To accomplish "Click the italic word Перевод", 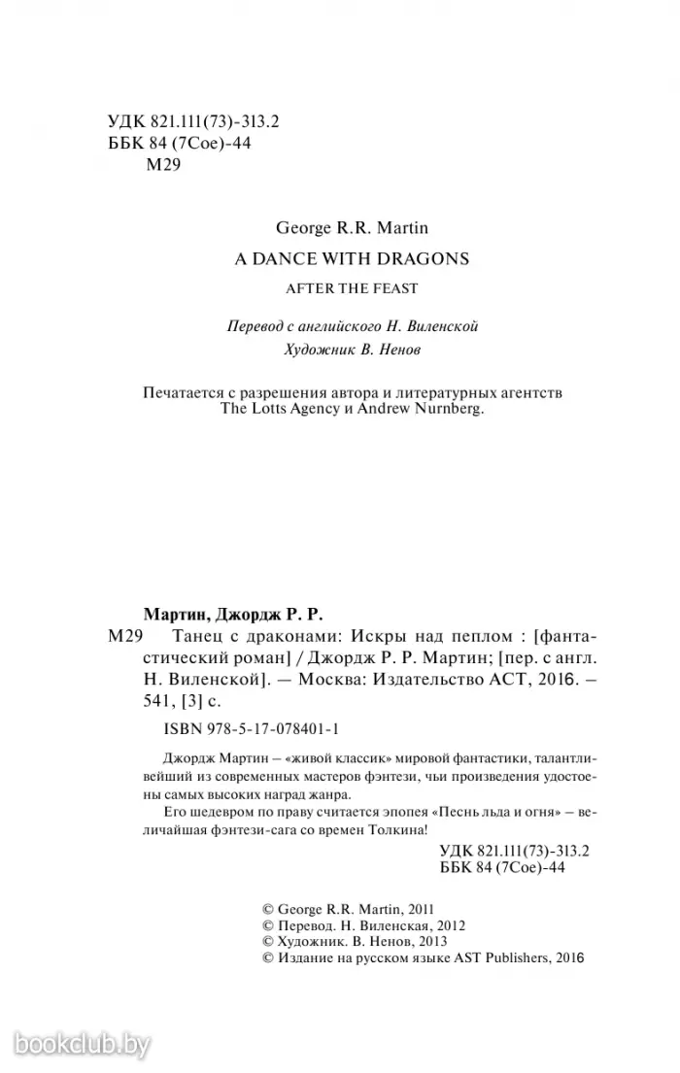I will click(255, 326).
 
